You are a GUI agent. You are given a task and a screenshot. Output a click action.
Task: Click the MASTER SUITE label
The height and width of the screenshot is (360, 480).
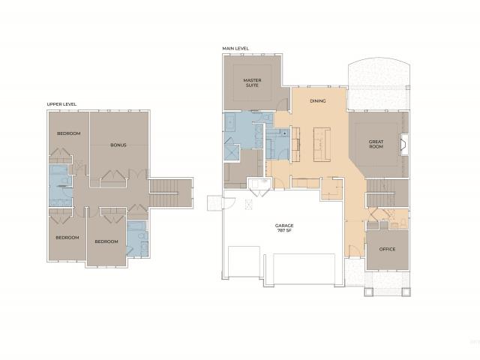click(x=252, y=82)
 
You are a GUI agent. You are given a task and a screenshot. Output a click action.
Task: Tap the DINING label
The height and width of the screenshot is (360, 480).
click(x=318, y=100)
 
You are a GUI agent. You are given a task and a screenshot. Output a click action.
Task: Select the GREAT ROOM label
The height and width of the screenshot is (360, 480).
click(x=376, y=144)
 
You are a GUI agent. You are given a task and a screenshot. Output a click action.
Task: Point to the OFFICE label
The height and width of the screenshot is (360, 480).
click(x=387, y=249)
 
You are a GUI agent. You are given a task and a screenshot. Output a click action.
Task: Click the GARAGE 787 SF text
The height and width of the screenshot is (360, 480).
click(x=284, y=228)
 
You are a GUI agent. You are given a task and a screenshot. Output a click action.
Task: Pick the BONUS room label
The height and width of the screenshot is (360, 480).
click(x=118, y=145)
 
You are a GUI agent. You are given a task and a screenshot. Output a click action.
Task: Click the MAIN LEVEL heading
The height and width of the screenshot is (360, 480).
click(x=235, y=48)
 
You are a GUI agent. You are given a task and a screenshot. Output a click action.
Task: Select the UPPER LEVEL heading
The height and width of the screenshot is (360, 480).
click(x=61, y=104)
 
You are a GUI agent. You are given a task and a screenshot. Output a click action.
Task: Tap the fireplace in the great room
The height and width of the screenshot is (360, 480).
click(x=404, y=145)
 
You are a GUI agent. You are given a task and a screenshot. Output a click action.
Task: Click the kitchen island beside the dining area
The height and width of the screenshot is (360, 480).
click(x=322, y=145)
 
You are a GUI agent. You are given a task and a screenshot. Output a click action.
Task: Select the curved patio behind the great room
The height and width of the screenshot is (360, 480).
click(x=379, y=84)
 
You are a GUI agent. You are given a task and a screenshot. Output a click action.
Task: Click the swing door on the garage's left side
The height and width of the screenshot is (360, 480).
click(x=229, y=203)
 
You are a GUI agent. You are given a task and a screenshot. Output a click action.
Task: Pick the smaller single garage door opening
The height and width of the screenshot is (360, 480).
click(x=244, y=261)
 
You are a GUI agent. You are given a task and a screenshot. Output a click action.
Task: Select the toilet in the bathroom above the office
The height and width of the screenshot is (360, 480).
click(x=403, y=223)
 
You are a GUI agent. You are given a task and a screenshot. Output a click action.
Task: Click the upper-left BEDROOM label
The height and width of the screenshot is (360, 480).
click(x=69, y=133)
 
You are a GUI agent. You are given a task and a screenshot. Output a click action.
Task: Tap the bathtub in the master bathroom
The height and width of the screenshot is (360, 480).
click(x=230, y=122)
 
